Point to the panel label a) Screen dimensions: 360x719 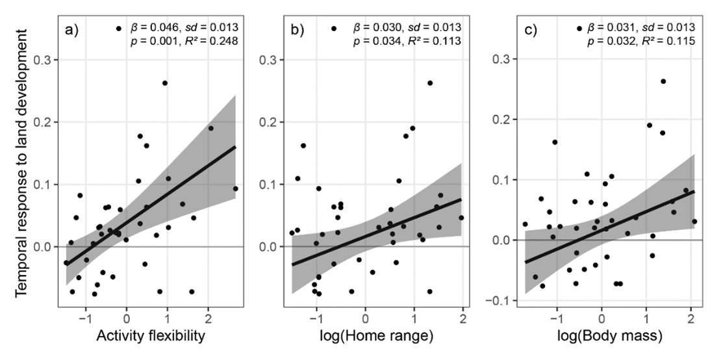coord(71,29)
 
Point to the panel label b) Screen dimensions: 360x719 coord(297,29)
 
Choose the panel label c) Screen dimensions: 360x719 coord(531,29)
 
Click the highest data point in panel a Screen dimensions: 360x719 coord(165,83)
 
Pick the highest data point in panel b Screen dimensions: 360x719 coord(430,83)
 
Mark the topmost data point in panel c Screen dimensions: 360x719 coord(663,81)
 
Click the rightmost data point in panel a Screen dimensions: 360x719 coord(235,189)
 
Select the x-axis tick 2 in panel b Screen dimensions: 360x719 coord(462,319)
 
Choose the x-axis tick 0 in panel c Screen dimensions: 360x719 coord(601,319)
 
